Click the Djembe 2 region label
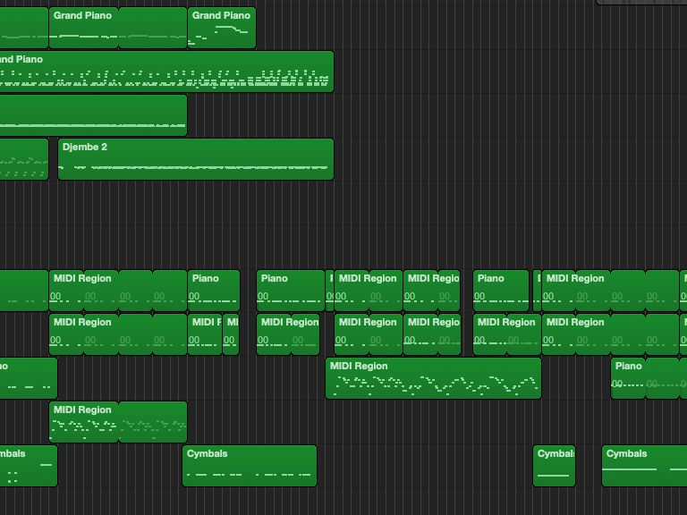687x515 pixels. pyautogui.click(x=85, y=147)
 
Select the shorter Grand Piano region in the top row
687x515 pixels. pyautogui.click(x=222, y=28)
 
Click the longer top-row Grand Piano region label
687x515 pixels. pyautogui.click(x=82, y=15)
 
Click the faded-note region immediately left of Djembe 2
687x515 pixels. pyautogui.click(x=23, y=159)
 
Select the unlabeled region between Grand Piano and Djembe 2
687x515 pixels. pyautogui.click(x=93, y=115)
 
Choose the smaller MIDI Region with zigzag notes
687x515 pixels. pyautogui.click(x=118, y=422)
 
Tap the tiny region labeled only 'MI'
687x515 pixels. pyautogui.click(x=231, y=333)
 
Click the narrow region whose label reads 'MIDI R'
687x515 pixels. pyautogui.click(x=205, y=333)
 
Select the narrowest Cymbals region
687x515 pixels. pyautogui.click(x=554, y=466)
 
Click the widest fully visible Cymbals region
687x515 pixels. pyautogui.click(x=250, y=466)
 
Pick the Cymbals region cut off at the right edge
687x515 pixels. pyautogui.click(x=644, y=466)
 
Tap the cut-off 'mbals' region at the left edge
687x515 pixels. pyautogui.click(x=28, y=466)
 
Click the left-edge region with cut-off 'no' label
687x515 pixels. pyautogui.click(x=28, y=378)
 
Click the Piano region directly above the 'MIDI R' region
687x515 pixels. pyautogui.click(x=214, y=291)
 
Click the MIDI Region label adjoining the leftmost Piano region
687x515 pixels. pyautogui.click(x=82, y=278)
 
